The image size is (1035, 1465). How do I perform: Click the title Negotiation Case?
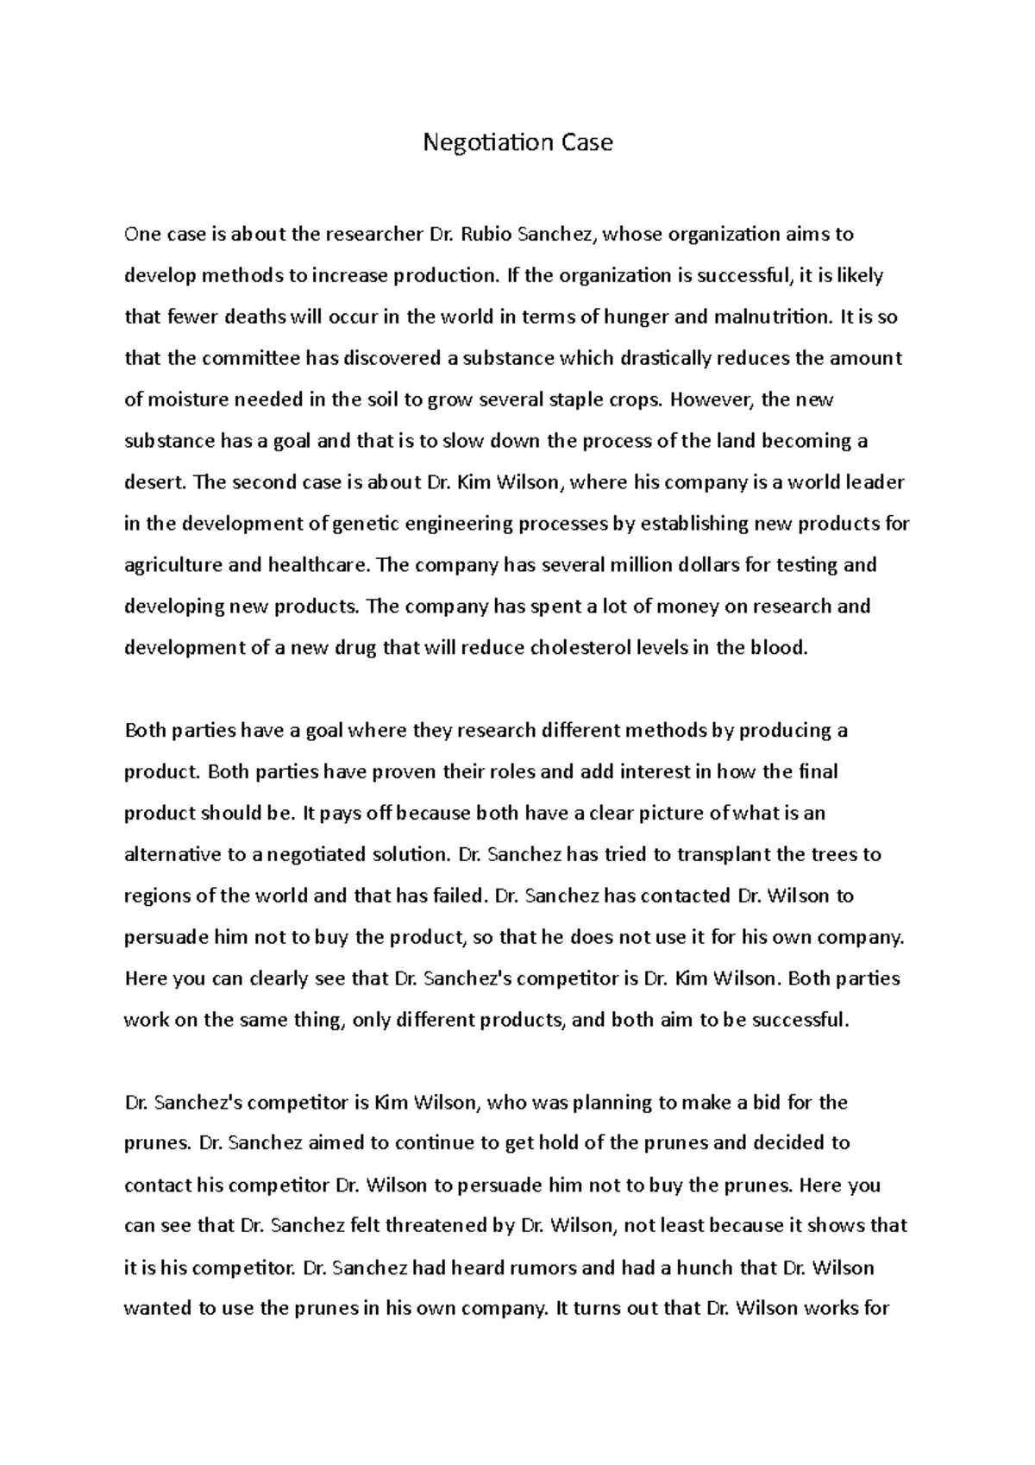517,142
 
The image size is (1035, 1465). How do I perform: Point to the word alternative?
172,855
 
